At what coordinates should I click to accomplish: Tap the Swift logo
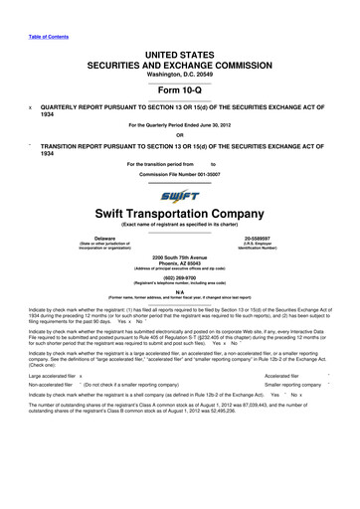(x=179, y=197)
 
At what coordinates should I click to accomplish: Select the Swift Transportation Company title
(x=179, y=215)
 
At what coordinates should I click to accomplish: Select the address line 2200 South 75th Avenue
(x=179, y=257)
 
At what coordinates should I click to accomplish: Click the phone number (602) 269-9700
(x=179, y=280)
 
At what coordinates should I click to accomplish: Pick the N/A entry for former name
(x=179, y=292)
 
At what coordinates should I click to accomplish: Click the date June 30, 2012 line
(x=179, y=125)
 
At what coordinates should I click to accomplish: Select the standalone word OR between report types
(x=179, y=135)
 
